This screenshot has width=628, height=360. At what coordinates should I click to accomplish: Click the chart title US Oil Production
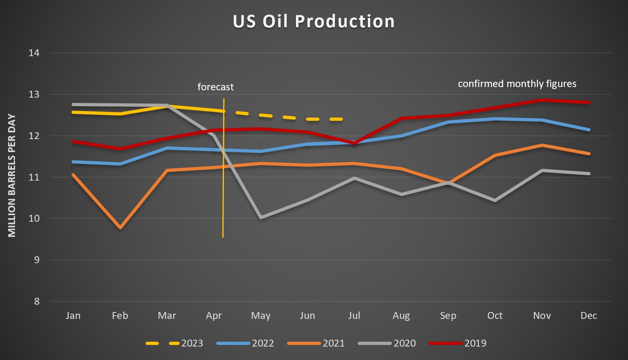(x=313, y=22)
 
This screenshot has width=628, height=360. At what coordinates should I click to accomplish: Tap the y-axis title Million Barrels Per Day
(x=12, y=176)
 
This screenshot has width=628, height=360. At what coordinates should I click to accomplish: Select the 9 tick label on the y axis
(x=37, y=260)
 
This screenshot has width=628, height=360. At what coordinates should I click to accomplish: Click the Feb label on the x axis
(x=120, y=316)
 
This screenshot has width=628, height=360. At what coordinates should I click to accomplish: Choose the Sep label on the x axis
(x=448, y=316)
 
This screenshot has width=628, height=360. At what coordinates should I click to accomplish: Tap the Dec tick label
(x=589, y=316)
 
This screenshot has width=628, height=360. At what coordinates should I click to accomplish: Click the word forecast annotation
(x=215, y=87)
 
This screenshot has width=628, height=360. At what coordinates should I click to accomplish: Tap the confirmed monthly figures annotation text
(x=517, y=84)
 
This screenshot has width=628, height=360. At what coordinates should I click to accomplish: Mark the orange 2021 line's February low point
(x=120, y=228)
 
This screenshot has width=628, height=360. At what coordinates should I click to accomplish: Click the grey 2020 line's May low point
(x=261, y=218)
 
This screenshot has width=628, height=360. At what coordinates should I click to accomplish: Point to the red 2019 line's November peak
(x=542, y=100)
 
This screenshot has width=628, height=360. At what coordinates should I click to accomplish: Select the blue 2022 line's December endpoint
(x=589, y=130)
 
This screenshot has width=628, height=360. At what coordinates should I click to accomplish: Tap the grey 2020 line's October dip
(x=495, y=200)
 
